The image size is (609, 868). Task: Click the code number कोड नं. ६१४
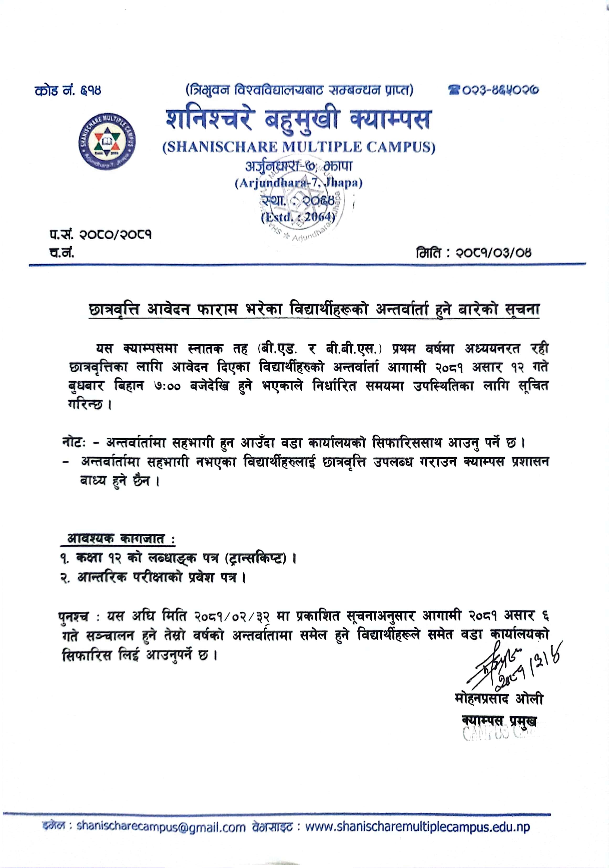pos(68,91)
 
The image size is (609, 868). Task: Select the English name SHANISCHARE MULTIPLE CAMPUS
pos(299,147)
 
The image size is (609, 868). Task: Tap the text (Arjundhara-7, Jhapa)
pos(298,183)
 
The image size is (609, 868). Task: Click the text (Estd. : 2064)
pos(298,217)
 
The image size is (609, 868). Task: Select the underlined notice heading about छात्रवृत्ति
pos(313,310)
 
